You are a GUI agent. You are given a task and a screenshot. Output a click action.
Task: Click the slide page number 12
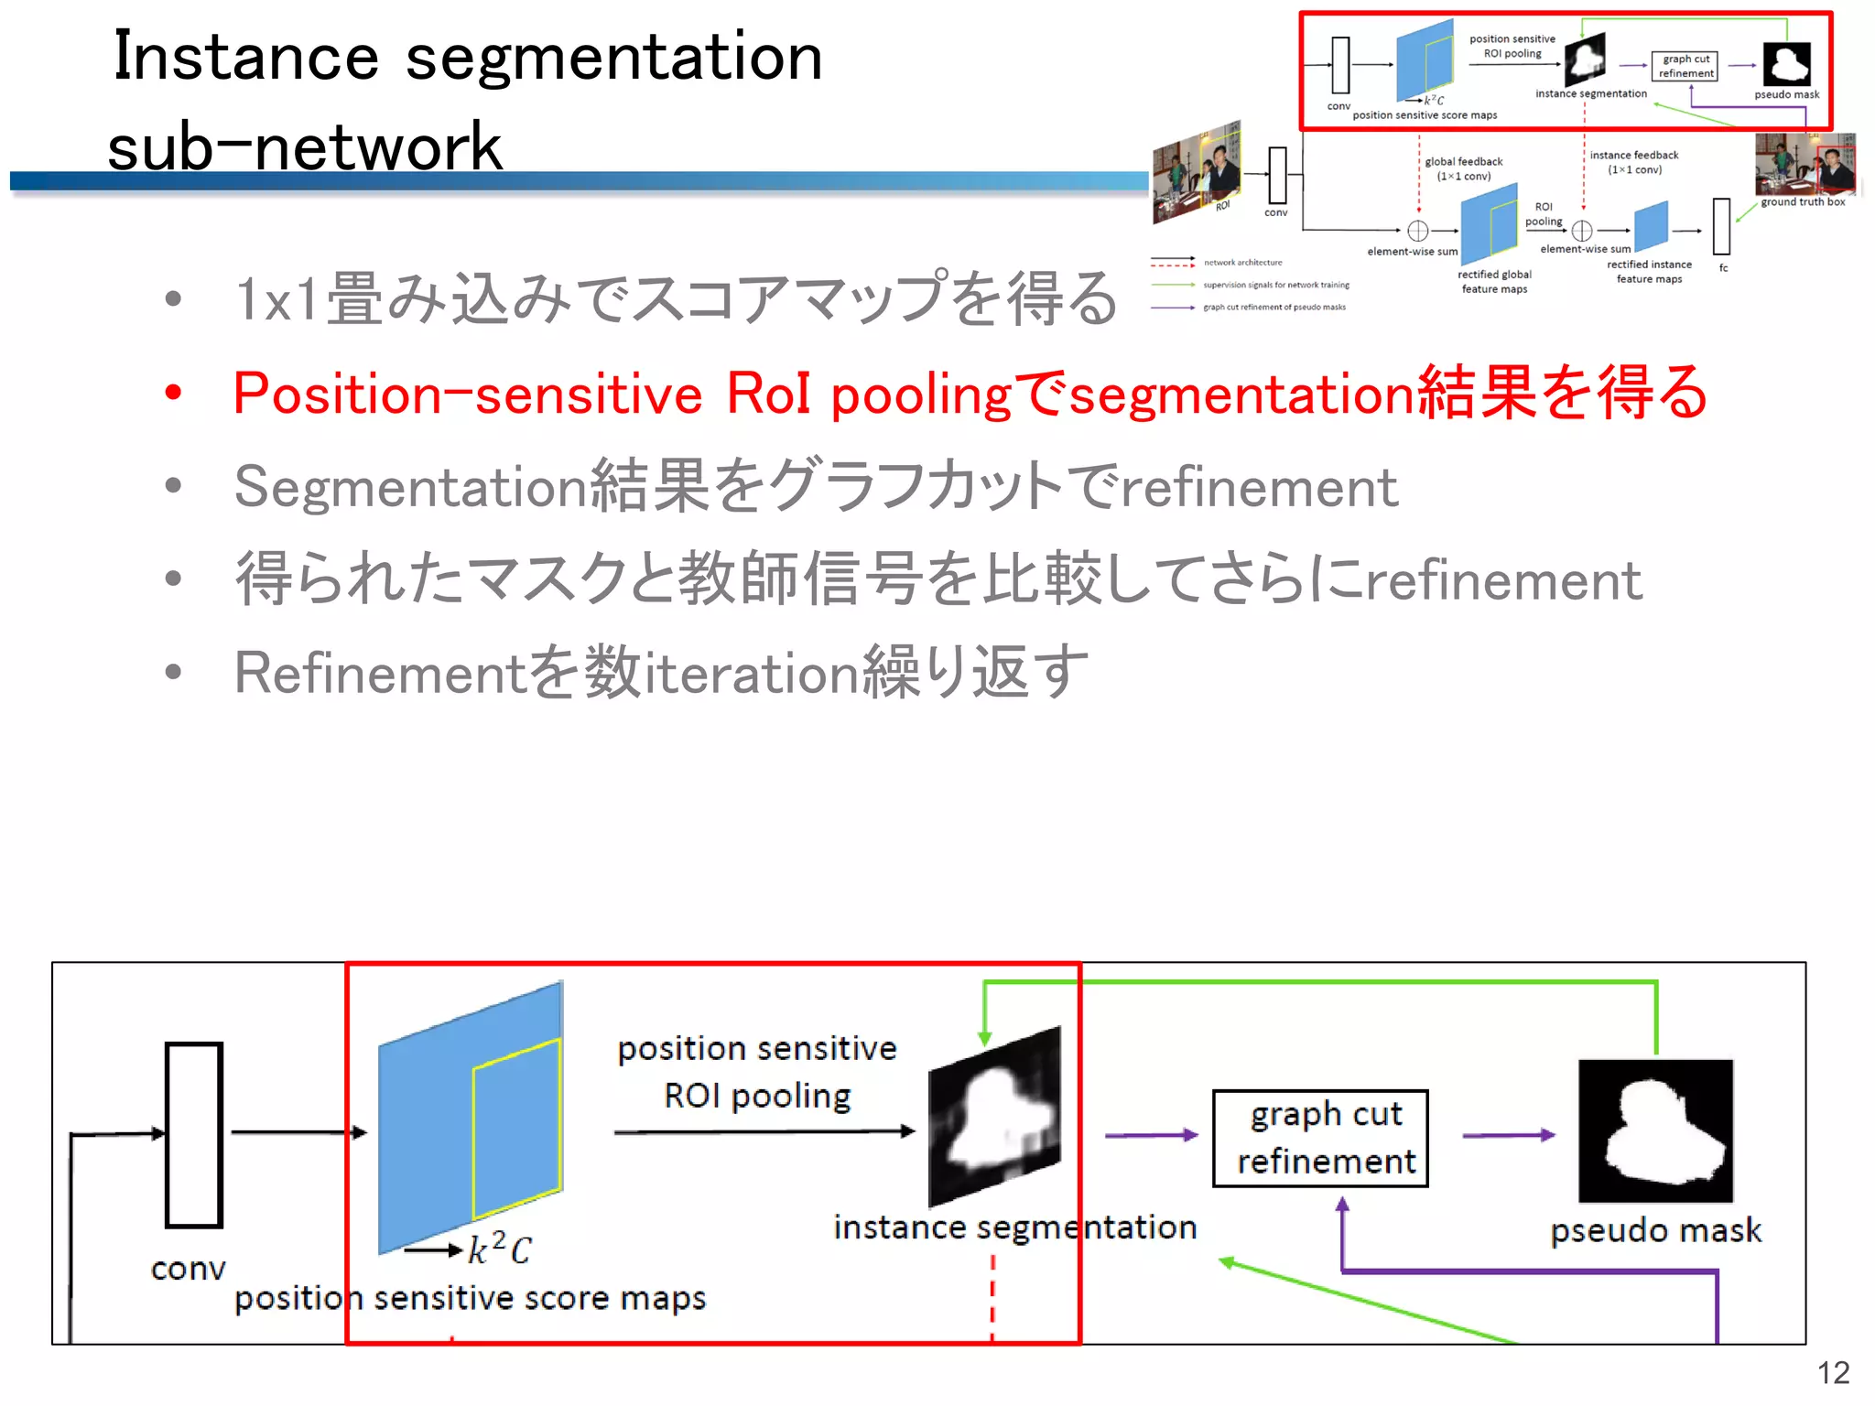[1833, 1372]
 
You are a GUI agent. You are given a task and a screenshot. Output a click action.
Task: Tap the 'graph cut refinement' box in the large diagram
[1320, 1138]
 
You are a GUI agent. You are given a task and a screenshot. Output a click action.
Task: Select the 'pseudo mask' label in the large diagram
[1655, 1230]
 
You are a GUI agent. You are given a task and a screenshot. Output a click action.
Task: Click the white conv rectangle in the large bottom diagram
[194, 1134]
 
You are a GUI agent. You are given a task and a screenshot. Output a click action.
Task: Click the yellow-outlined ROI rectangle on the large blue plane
[516, 1128]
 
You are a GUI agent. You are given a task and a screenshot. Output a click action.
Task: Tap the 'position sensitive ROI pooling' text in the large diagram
[757, 1072]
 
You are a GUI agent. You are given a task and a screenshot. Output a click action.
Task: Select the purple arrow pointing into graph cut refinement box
[1151, 1135]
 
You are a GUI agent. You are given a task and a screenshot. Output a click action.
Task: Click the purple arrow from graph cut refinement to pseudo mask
[1508, 1135]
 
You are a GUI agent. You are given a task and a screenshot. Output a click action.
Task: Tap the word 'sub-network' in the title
[305, 146]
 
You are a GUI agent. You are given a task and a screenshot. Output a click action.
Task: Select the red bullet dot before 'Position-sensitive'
[173, 393]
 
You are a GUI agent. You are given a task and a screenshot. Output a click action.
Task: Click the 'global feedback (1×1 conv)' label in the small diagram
[1463, 168]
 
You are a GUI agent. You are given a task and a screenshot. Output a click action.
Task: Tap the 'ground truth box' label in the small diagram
[1803, 202]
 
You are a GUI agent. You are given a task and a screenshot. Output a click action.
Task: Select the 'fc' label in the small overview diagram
[1723, 268]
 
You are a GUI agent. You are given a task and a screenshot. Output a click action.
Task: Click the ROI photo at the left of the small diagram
[1197, 173]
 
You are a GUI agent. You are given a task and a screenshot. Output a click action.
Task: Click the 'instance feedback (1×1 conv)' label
[1634, 162]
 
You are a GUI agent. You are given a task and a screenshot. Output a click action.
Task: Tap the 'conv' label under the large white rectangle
[188, 1269]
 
